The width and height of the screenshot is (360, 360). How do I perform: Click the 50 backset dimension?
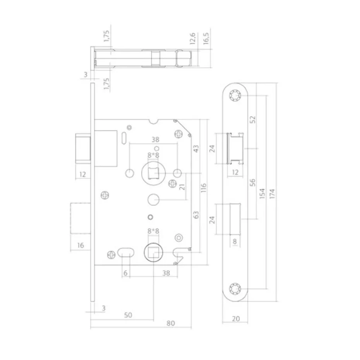128,315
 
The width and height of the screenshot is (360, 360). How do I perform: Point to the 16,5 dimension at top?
206,39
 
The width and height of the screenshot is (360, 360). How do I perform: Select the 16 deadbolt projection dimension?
81,245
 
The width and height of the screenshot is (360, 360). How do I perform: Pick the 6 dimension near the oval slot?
125,273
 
